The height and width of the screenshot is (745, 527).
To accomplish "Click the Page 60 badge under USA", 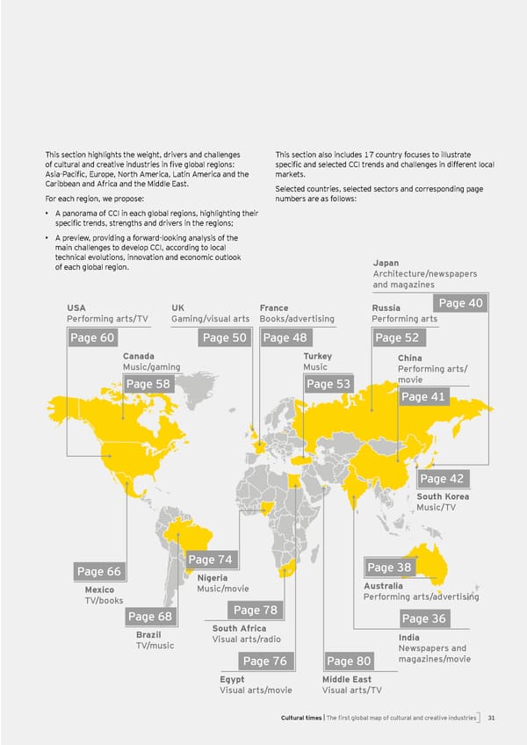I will pos(91,338).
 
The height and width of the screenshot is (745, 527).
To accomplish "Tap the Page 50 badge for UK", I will pos(225,338).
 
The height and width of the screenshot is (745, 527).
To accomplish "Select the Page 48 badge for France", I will pos(285,338).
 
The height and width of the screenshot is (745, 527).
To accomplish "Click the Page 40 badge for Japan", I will pos(460,303).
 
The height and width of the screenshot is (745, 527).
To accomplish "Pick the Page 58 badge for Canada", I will pos(148,384).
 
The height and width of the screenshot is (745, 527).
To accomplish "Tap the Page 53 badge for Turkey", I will pos(328,384).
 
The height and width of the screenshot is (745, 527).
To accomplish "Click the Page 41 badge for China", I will pos(423,397).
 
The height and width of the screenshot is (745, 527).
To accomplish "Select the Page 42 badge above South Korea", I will pos(441,479).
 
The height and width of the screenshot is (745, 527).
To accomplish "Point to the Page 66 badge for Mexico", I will pos(99,572).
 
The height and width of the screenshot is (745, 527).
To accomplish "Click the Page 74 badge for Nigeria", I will pos(210,560).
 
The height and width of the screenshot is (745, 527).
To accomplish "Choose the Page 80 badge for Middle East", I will pos(349,661).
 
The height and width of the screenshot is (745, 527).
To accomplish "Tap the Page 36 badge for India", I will pos(425,619).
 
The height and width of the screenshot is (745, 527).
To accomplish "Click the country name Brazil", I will pos(148,634).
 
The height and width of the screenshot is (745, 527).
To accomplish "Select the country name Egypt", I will pos(232,679).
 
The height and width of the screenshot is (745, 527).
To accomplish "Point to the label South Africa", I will pos(239,628).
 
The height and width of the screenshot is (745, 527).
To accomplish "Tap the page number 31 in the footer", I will pos(493,718).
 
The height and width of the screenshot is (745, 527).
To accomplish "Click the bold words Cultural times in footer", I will pos(301,718).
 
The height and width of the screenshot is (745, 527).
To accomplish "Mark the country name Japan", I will pos(386,263).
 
